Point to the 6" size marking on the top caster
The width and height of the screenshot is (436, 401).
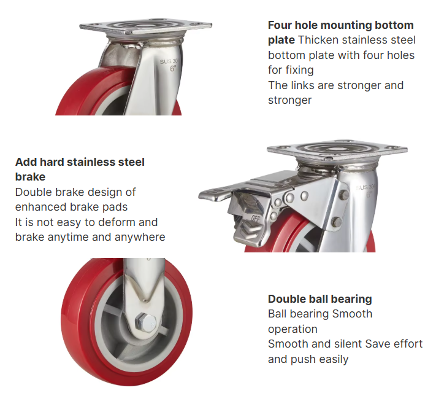tap(172, 69)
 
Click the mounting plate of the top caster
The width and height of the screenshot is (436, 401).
tap(146, 27)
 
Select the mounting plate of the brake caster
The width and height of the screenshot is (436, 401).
tap(337, 150)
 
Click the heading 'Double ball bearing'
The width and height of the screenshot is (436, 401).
tap(319, 299)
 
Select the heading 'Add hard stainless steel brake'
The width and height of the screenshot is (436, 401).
tap(80, 169)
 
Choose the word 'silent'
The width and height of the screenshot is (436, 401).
tap(343, 344)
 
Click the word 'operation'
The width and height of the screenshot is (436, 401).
tap(293, 329)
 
